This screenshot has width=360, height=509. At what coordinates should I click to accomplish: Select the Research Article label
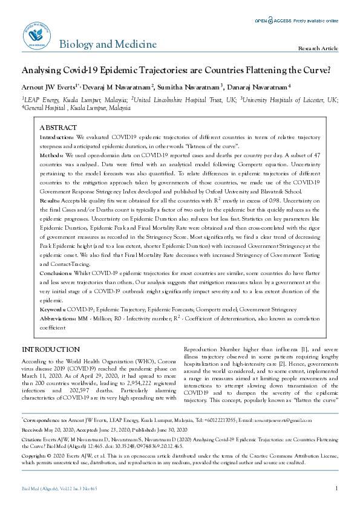[x=318, y=48]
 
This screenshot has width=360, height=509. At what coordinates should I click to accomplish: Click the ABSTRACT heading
[x=58, y=128]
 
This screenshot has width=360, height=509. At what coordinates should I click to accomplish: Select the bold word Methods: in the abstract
[x=52, y=155]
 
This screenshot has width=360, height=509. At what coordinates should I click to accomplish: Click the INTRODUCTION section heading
[x=51, y=349]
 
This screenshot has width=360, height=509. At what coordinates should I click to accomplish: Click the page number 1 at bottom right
[x=336, y=488]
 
